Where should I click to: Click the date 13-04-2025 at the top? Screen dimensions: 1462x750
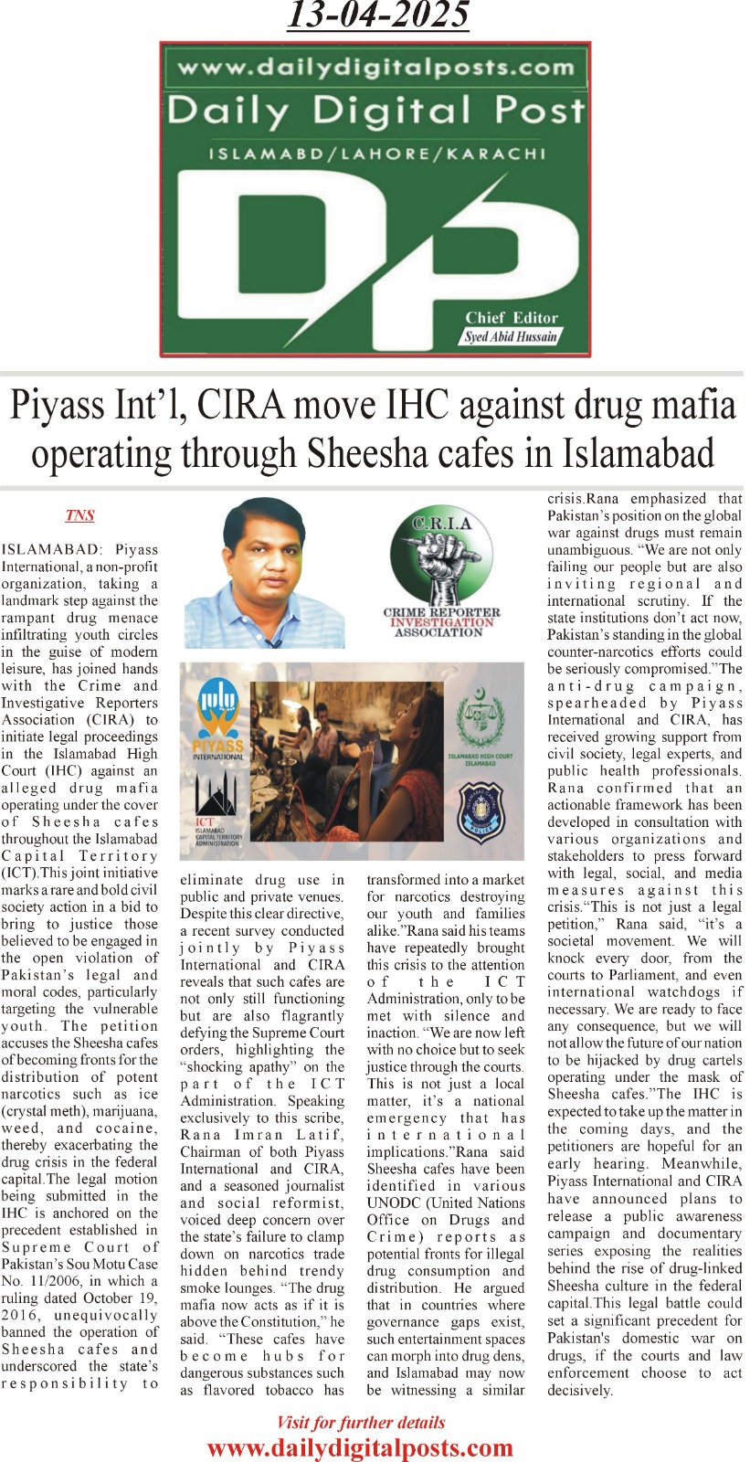378,16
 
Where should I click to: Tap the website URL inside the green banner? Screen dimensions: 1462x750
375,67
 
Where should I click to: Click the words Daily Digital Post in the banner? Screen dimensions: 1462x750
375,111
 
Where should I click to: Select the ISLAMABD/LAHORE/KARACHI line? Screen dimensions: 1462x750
376,154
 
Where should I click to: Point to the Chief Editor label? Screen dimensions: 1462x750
512,318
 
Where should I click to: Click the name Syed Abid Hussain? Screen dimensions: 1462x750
511,336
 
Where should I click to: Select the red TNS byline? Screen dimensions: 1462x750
79,515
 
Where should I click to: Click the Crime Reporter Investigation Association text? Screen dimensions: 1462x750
441,621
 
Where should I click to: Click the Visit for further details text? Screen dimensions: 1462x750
360,1423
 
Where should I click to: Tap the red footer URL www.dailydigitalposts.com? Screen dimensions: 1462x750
360,1448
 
